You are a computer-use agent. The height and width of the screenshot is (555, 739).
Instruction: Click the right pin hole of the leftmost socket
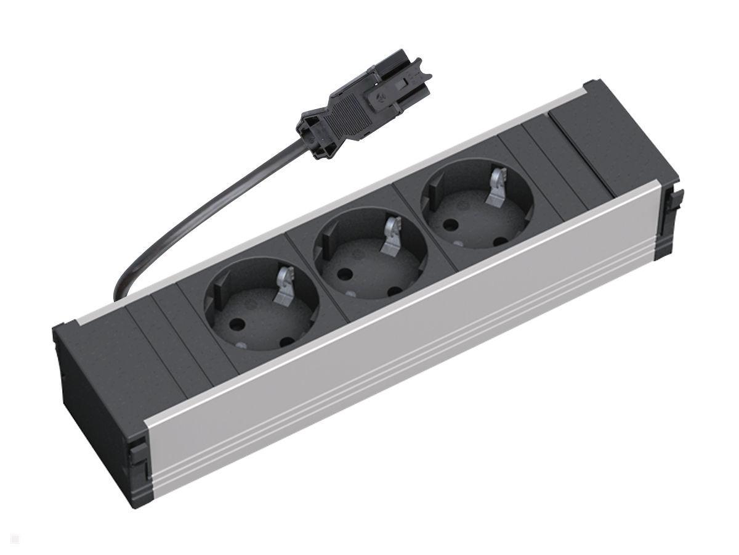(x=286, y=340)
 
